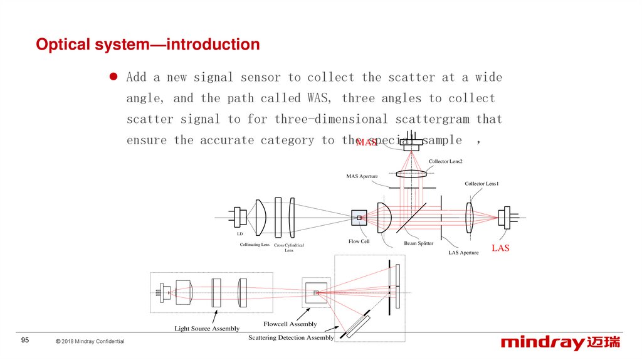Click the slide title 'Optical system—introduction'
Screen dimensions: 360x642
[147, 45]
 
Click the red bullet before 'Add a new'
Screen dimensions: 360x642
[114, 77]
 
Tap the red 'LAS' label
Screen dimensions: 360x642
[500, 248]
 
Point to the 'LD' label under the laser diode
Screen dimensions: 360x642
[239, 234]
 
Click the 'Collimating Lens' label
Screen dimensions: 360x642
[255, 245]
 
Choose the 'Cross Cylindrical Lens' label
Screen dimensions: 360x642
[289, 248]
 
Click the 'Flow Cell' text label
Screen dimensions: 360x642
[359, 241]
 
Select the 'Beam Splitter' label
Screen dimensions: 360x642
[419, 243]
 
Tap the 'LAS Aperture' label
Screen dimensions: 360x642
[463, 253]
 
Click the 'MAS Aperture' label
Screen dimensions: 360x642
[362, 176]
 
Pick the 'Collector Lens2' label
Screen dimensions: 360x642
[446, 162]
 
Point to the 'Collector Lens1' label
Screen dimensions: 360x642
[481, 184]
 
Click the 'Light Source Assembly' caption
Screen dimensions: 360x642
[207, 329]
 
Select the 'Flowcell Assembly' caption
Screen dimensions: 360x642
[290, 324]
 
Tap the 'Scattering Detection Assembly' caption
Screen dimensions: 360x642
[291, 338]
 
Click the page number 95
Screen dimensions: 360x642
[25, 341]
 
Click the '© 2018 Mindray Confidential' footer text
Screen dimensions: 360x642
[90, 341]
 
